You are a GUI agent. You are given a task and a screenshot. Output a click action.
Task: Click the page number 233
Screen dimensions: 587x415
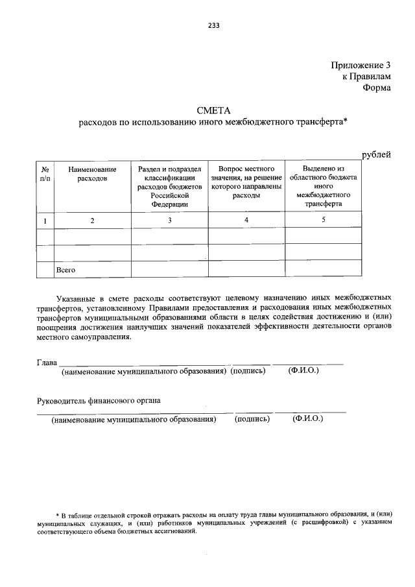[213, 26]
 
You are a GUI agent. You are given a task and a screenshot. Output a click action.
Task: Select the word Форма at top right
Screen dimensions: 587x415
[377, 88]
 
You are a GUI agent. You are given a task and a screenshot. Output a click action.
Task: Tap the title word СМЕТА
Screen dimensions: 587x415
[213, 110]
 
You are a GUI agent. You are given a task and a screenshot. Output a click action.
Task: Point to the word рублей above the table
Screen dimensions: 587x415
[376, 154]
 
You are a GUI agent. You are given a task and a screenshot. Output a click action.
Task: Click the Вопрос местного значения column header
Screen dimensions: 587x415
[246, 182]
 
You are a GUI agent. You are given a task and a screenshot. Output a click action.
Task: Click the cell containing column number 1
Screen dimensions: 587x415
[45, 221]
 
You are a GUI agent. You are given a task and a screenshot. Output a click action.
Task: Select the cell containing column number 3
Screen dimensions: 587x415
[169, 221]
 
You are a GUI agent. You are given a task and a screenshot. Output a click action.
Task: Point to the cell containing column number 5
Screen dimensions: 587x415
[323, 220]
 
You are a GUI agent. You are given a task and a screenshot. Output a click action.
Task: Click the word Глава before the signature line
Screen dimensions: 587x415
[47, 361]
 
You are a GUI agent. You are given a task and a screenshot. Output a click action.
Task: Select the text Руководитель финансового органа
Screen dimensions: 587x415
[99, 400]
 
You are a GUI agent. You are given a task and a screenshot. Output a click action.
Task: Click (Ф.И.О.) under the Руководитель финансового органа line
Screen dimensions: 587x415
[307, 419]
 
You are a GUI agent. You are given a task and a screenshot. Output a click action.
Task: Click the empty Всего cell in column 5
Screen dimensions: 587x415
[323, 269]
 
